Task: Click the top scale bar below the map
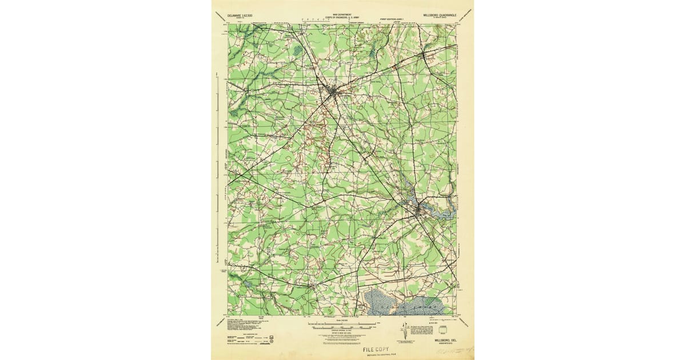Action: point(342,325)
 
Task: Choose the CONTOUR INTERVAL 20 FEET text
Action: point(342,333)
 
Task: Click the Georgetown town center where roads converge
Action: point(330,93)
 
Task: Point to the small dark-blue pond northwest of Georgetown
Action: point(297,51)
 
